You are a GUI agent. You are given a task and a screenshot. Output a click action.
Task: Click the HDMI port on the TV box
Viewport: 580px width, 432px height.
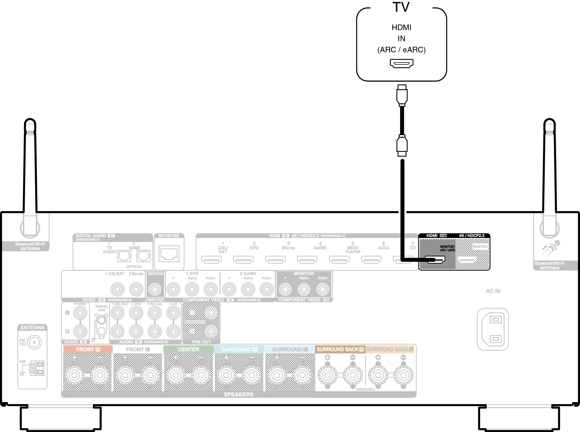pos(401,64)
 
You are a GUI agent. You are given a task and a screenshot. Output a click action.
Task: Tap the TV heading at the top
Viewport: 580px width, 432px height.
pos(401,7)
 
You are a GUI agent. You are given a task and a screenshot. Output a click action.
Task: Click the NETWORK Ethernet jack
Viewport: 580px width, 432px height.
pos(169,254)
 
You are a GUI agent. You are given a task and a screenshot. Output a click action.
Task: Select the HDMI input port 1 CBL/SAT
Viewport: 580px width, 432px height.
pos(212,259)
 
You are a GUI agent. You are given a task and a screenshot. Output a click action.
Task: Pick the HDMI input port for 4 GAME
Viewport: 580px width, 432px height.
pos(307,259)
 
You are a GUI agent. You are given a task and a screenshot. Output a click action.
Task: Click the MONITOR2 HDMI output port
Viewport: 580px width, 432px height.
pos(467,259)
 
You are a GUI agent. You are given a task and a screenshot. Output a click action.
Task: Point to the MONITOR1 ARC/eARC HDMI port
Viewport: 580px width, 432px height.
pos(435,259)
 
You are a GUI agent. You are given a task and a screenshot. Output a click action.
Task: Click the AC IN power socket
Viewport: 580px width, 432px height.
pos(493,329)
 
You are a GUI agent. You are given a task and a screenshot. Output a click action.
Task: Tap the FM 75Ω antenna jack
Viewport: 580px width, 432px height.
pos(34,342)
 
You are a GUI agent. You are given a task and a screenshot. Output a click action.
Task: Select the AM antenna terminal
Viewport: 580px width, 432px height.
pos(37,368)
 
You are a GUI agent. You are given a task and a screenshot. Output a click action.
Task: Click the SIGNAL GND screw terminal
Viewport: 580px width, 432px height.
pos(101,321)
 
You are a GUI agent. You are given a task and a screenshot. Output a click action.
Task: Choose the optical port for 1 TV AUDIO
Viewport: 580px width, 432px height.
pos(124,256)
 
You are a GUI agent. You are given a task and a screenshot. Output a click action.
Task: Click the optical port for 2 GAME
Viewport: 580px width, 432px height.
pos(144,256)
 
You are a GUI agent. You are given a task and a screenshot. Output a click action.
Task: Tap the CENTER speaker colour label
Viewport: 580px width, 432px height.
pos(188,349)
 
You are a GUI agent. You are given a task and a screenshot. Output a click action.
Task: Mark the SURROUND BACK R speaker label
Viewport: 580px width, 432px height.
pos(340,349)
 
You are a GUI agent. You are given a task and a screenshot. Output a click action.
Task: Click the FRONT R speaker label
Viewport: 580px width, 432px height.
pos(88,349)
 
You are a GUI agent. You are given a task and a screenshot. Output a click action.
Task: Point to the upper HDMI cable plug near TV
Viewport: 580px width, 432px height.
pos(402,95)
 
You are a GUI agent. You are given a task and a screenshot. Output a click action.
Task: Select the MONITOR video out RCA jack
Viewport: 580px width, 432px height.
pos(155,289)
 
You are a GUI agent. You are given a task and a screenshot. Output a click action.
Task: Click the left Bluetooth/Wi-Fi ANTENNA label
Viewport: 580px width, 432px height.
pos(30,246)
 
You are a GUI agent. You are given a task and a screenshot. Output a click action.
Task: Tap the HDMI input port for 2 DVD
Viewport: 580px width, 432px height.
pos(243,259)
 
